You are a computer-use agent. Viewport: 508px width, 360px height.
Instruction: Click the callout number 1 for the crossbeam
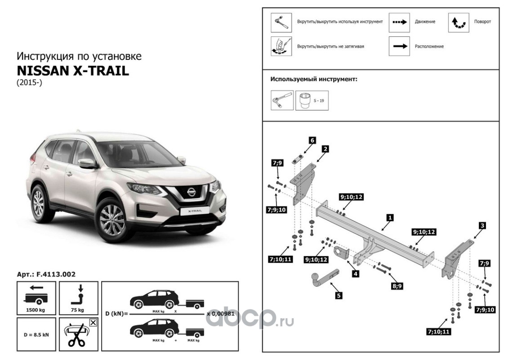point(390,217)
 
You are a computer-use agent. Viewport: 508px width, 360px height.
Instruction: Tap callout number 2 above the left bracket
point(325,148)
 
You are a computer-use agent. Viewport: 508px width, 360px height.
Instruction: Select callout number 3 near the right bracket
point(482,225)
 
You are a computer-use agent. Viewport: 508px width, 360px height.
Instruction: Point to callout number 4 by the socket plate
point(355,273)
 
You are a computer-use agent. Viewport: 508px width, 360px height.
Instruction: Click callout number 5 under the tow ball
point(339,296)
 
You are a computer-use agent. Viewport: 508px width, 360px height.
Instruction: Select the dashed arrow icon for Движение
point(399,22)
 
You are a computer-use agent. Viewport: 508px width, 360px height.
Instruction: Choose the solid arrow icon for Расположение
point(399,46)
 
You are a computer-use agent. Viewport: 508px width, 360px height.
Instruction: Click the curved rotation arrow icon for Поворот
point(459,22)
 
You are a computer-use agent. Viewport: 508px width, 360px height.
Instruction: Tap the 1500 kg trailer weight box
point(36,297)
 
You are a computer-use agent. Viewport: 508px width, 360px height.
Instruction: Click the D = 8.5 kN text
point(36,334)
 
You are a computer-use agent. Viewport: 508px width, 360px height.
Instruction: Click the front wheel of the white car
point(112,219)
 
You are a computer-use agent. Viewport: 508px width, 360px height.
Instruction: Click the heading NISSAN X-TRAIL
point(73,71)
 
